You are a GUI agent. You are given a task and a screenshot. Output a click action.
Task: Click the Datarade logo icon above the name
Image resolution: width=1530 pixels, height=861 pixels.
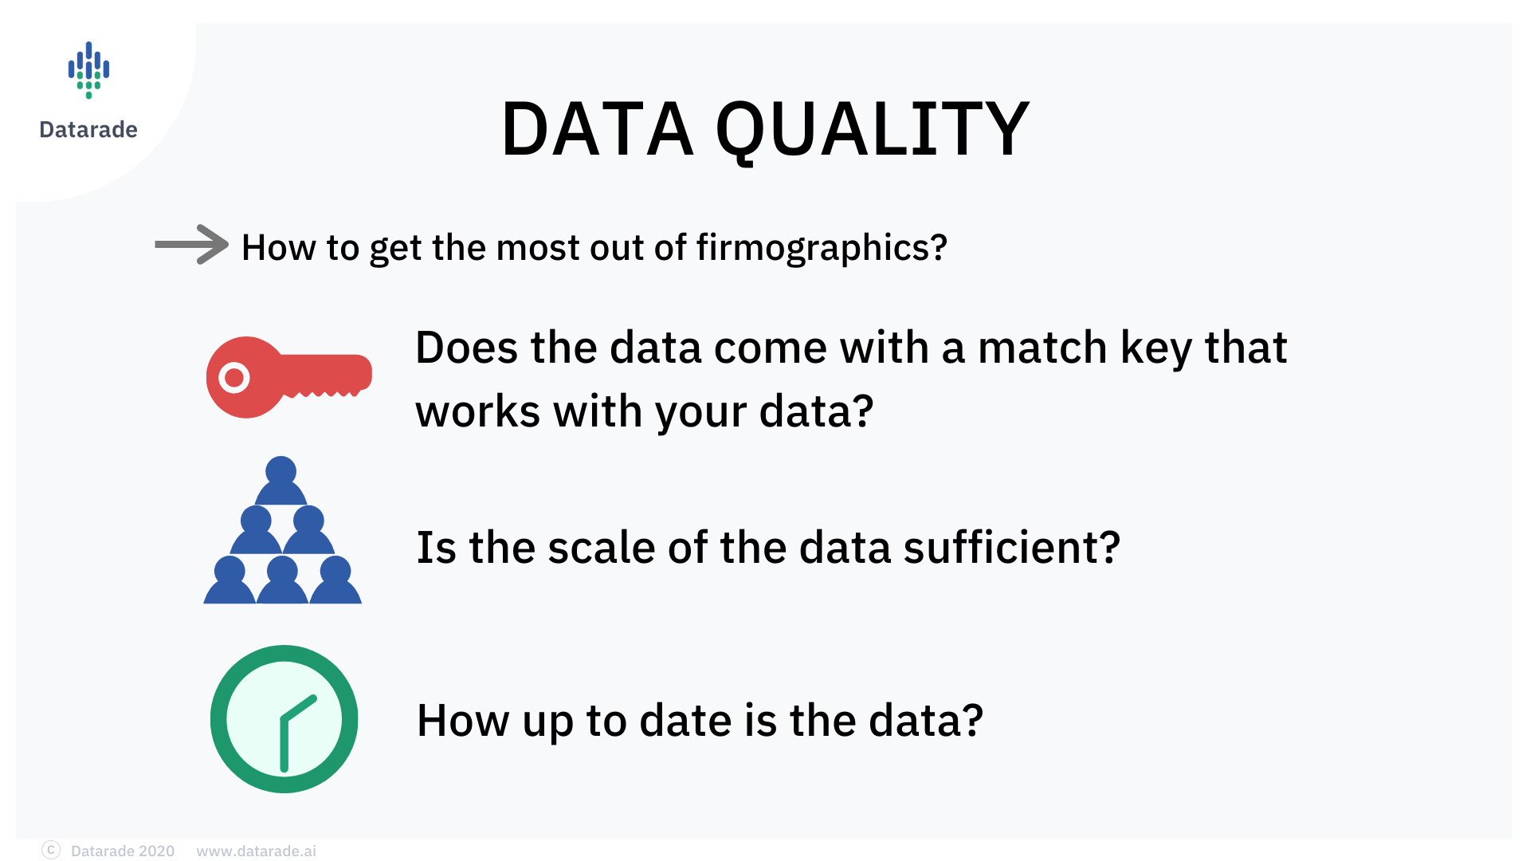click(x=88, y=70)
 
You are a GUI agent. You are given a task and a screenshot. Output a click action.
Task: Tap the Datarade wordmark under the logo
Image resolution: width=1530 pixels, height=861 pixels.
click(x=88, y=129)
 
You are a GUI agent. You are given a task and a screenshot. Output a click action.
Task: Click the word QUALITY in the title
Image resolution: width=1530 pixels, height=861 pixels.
click(x=873, y=129)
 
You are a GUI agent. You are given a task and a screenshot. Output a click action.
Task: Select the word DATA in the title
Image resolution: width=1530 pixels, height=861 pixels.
click(x=598, y=129)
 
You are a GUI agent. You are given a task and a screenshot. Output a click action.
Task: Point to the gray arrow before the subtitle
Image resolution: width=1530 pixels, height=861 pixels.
click(x=192, y=244)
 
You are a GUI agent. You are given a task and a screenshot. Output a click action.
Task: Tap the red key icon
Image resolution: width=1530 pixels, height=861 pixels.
click(x=289, y=377)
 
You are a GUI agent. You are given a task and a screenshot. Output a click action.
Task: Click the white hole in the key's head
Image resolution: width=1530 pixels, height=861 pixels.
click(x=234, y=377)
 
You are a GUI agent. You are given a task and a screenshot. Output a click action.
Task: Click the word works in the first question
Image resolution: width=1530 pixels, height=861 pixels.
click(x=478, y=412)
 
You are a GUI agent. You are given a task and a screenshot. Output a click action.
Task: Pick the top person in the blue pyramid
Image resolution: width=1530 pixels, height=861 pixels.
click(x=280, y=480)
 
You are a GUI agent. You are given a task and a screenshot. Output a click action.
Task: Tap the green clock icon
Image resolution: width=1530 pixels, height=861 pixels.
click(x=284, y=719)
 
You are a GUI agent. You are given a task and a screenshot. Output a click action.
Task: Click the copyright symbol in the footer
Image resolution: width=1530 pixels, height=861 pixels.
click(x=51, y=850)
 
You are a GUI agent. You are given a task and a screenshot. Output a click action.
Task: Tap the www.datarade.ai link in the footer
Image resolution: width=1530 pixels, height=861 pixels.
click(x=256, y=851)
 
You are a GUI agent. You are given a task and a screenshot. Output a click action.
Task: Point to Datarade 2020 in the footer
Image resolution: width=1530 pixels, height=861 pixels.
click(x=123, y=851)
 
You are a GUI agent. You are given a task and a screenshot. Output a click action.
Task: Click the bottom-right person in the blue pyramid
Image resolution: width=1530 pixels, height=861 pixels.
click(x=335, y=580)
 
